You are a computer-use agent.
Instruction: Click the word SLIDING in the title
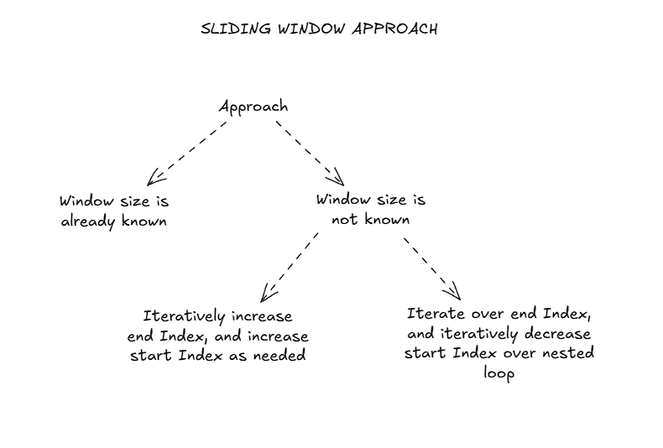(x=236, y=29)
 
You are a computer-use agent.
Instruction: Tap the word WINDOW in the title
(x=312, y=29)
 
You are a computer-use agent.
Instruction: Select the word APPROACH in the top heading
(x=394, y=29)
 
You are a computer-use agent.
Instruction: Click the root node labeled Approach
(x=253, y=107)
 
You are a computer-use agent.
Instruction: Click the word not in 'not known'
(x=344, y=219)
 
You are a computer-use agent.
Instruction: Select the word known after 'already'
(x=144, y=220)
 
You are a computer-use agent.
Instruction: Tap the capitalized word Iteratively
(x=184, y=316)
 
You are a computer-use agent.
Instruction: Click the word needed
(x=279, y=355)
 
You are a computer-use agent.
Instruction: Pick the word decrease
(x=557, y=334)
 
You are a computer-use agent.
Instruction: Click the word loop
(x=499, y=373)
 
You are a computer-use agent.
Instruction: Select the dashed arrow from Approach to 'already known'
(x=187, y=154)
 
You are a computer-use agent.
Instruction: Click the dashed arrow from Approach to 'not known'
(x=310, y=154)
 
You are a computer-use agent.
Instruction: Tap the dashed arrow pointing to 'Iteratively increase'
(x=290, y=267)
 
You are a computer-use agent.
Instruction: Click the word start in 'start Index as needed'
(x=151, y=355)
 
